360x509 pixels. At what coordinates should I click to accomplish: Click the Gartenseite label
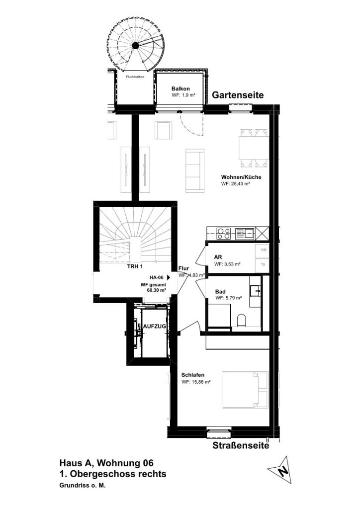click(x=238, y=95)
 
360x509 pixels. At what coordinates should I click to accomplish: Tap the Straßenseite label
click(x=241, y=445)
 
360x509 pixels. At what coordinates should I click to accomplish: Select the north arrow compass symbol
click(x=280, y=470)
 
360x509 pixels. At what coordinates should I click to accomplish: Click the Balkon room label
click(x=180, y=88)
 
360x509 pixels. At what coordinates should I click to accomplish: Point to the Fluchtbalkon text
click(x=135, y=77)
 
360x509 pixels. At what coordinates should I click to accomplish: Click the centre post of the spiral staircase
click(x=135, y=45)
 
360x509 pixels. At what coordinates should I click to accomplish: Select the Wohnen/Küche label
click(x=241, y=177)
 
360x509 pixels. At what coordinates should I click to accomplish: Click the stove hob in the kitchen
click(x=223, y=233)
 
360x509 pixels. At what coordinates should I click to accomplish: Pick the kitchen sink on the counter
click(x=245, y=233)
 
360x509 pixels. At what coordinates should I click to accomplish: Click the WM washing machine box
click(x=263, y=251)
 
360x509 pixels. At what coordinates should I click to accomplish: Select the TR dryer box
click(x=263, y=264)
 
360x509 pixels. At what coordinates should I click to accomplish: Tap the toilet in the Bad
click(x=242, y=321)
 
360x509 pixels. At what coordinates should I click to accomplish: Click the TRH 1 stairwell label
click(x=135, y=267)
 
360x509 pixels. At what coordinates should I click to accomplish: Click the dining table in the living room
click(x=254, y=148)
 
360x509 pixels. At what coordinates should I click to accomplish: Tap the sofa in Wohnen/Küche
click(x=195, y=171)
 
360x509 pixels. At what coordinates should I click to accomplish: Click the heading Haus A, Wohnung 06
click(x=106, y=463)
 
